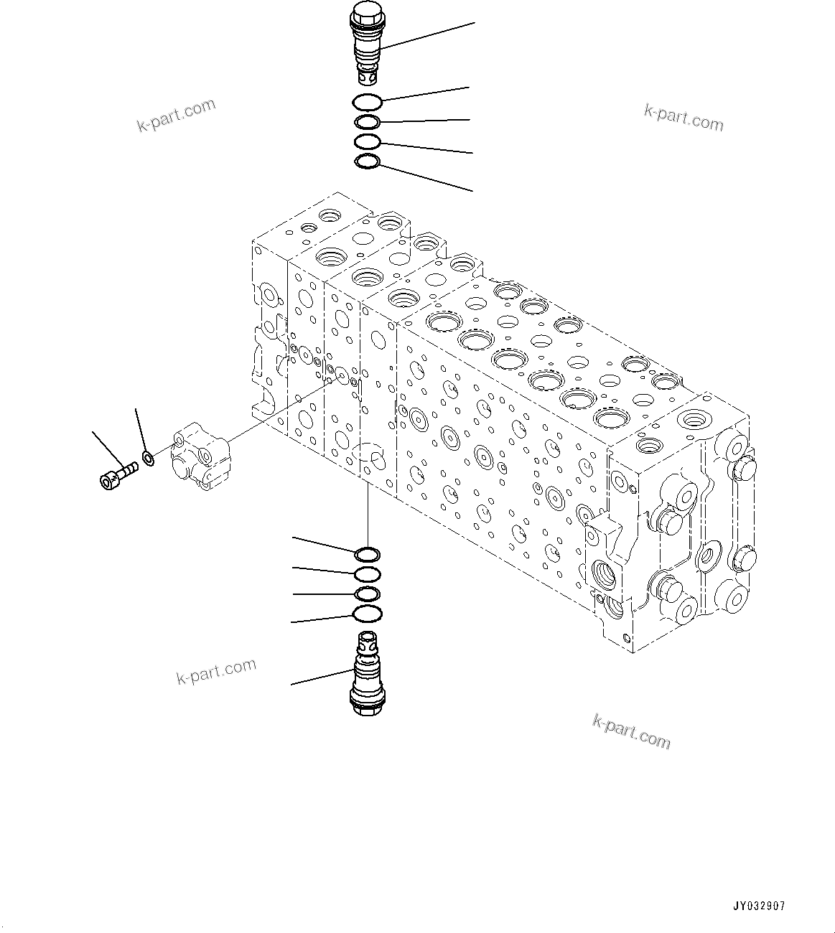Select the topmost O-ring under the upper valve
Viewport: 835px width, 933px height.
tap(367, 103)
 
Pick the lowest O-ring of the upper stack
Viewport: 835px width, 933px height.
tap(367, 162)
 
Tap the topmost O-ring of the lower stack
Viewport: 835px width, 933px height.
tap(367, 554)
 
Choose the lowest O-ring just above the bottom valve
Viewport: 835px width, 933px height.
tap(367, 614)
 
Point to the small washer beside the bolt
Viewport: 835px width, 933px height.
tap(148, 457)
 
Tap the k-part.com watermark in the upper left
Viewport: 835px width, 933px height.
tap(176, 116)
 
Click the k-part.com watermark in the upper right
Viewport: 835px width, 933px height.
tap(684, 118)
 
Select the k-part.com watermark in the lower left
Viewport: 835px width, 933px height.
tap(216, 672)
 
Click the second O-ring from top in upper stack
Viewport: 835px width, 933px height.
tap(367, 123)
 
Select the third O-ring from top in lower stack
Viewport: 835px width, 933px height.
tap(367, 594)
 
